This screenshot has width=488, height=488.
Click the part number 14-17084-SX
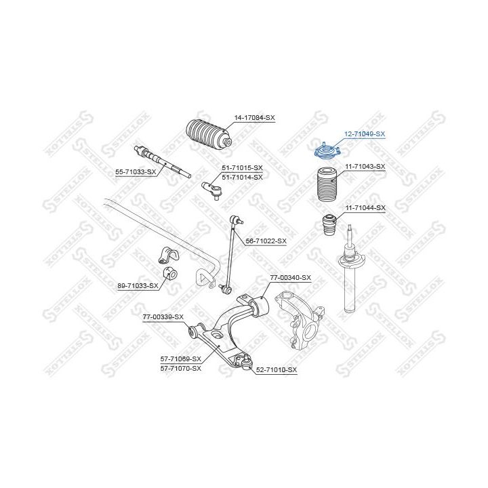coord(255,118)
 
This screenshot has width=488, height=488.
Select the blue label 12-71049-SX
coord(365,134)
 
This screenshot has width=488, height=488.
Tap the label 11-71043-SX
coord(365,167)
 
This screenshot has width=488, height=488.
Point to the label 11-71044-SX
coord(365,207)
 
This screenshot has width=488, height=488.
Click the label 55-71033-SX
coord(136,171)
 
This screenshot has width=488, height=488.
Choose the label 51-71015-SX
coord(242,168)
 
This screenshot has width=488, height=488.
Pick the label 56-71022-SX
coord(266,241)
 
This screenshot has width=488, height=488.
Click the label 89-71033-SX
coord(138,285)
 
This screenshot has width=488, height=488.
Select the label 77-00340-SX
coord(290,278)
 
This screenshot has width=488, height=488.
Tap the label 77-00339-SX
coord(163,317)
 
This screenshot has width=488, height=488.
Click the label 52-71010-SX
coord(277,370)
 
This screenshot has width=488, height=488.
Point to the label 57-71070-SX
coord(181,369)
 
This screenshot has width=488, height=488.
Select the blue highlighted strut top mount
coord(328,152)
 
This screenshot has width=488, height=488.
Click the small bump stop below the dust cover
coord(329,226)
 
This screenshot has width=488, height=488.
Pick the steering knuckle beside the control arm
coord(300,319)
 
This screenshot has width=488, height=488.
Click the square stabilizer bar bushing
coord(169,274)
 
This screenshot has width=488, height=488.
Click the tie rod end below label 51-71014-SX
coord(212,190)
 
